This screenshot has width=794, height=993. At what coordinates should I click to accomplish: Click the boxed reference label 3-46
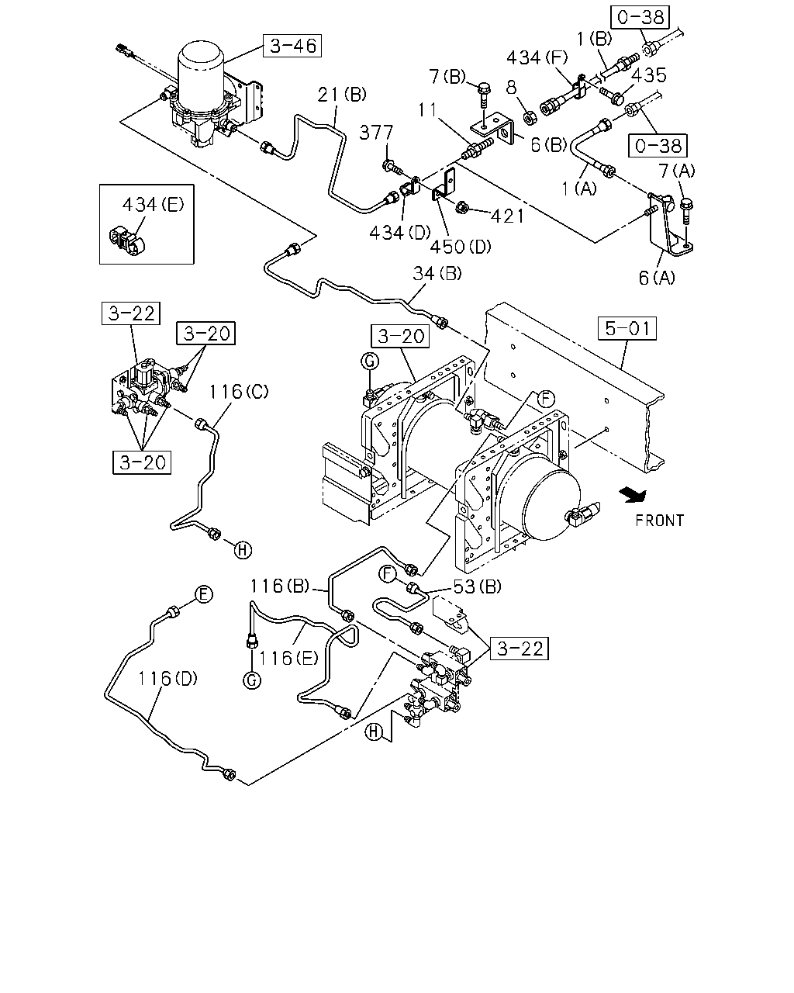coord(292,46)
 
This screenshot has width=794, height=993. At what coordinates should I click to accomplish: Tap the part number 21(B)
coord(342,95)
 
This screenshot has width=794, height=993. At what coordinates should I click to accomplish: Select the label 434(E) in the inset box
coord(154,204)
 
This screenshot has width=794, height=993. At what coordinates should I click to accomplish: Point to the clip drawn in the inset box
coord(126,240)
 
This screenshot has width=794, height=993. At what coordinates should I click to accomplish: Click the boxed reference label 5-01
coord(627,328)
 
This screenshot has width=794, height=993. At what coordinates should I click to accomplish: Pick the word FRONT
coord(660,521)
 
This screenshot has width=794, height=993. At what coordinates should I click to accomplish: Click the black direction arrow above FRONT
coord(633,494)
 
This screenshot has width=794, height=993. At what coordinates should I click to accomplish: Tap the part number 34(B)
coord(437,274)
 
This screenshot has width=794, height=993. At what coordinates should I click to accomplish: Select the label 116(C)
coord(239,392)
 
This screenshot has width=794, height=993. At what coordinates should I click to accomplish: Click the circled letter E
coord(203,594)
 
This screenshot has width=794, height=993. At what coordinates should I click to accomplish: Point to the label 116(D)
coord(168,678)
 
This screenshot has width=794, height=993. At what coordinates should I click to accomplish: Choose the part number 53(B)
coord(477,586)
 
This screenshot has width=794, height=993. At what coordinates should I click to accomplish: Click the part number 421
coord(508,216)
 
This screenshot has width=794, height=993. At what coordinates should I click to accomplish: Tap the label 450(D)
coord(461,247)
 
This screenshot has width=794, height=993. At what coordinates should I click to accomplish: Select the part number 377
coord(377,133)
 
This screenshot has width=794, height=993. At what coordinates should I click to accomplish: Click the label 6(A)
coord(657,277)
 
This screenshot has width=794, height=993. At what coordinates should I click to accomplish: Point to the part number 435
coord(649,74)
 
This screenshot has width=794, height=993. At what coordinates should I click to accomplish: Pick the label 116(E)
coord(288,658)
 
